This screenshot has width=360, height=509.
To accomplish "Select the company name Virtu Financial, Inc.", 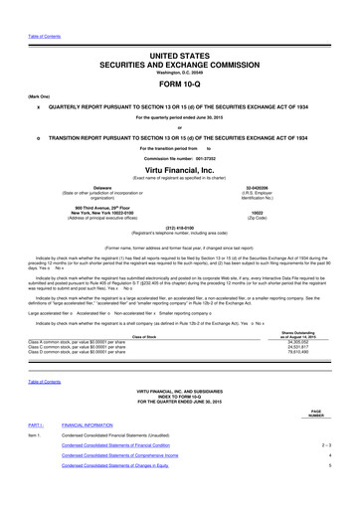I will coord(180,171).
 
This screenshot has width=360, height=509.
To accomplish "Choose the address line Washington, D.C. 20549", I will coord(180,68).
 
